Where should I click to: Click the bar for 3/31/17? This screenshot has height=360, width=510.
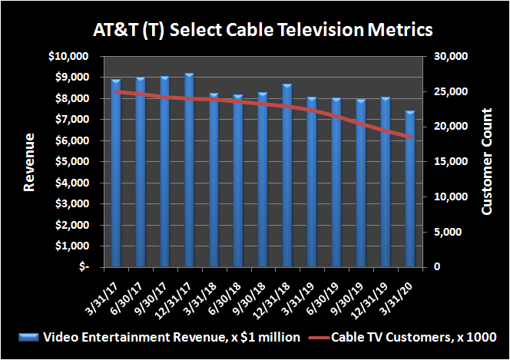tap(116, 173)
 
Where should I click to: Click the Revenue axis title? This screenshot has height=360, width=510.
tap(29, 162)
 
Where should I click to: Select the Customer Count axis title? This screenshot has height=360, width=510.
tap(486, 162)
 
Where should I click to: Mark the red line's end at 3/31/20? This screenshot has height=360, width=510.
tap(412, 138)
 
